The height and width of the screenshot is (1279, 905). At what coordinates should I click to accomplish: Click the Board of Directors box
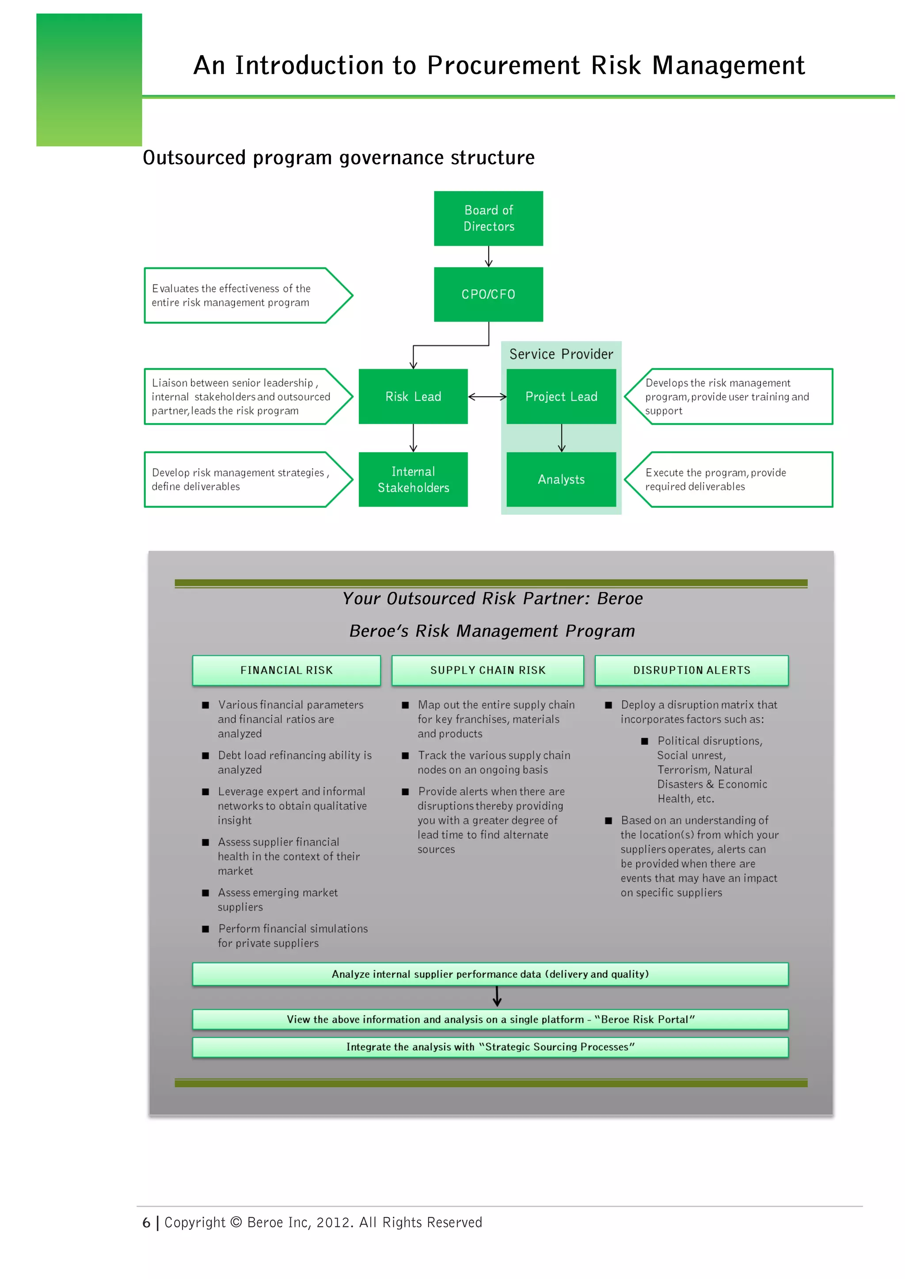(x=488, y=218)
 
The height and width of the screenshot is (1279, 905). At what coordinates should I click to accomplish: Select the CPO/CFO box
(x=488, y=294)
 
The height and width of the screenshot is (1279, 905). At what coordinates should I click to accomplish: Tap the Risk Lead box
(x=413, y=396)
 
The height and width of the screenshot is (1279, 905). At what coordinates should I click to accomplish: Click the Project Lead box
(x=561, y=396)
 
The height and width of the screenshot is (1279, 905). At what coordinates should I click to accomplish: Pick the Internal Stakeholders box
(x=413, y=479)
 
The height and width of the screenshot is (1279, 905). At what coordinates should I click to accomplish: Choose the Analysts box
(x=561, y=479)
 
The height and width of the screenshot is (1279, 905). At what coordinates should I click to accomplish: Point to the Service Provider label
(x=561, y=354)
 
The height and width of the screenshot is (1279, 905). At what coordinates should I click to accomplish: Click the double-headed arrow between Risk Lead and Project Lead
(x=487, y=397)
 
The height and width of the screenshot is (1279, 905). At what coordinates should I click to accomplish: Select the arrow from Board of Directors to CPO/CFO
(x=489, y=256)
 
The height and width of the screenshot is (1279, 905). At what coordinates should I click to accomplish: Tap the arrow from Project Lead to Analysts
(x=562, y=438)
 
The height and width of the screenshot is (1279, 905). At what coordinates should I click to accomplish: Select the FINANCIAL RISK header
(x=286, y=670)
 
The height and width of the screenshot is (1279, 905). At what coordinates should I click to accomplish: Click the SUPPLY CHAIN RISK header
(x=487, y=670)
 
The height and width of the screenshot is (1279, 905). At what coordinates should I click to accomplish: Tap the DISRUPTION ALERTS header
(x=692, y=670)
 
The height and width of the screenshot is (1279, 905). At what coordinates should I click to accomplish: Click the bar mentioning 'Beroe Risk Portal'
(x=491, y=1019)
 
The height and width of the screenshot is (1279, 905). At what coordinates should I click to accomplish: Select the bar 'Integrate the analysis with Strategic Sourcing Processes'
(x=491, y=1047)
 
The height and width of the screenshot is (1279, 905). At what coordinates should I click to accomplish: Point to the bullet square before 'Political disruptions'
(x=645, y=741)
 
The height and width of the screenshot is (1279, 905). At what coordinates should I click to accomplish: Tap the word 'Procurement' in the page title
(x=503, y=65)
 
